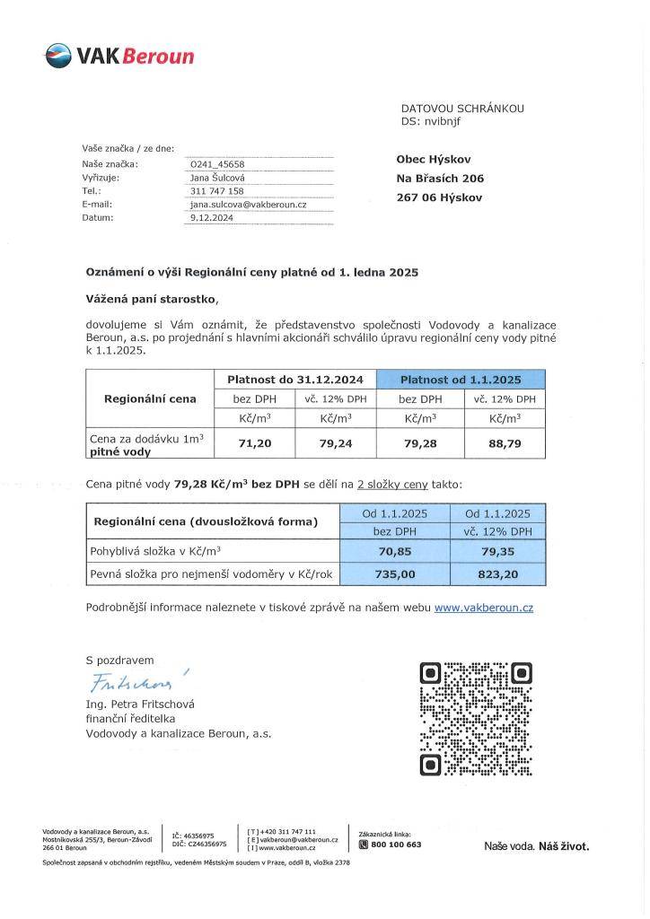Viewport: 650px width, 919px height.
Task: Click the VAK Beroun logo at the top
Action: [x=119, y=57]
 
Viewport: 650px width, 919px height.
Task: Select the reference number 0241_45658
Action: [x=212, y=164]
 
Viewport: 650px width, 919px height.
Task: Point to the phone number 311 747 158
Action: [x=217, y=191]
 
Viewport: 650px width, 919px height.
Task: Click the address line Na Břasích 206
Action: [x=440, y=179]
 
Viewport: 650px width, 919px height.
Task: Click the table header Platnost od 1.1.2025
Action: [x=461, y=380]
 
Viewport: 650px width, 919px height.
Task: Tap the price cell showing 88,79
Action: [x=503, y=442]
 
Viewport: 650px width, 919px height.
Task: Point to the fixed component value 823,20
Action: [x=497, y=572]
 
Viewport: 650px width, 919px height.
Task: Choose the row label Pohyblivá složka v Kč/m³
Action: [x=155, y=551]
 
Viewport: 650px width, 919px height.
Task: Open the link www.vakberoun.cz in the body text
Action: [x=483, y=608]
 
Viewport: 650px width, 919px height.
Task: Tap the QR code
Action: [x=476, y=720]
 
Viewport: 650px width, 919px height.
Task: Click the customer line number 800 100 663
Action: [x=396, y=845]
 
